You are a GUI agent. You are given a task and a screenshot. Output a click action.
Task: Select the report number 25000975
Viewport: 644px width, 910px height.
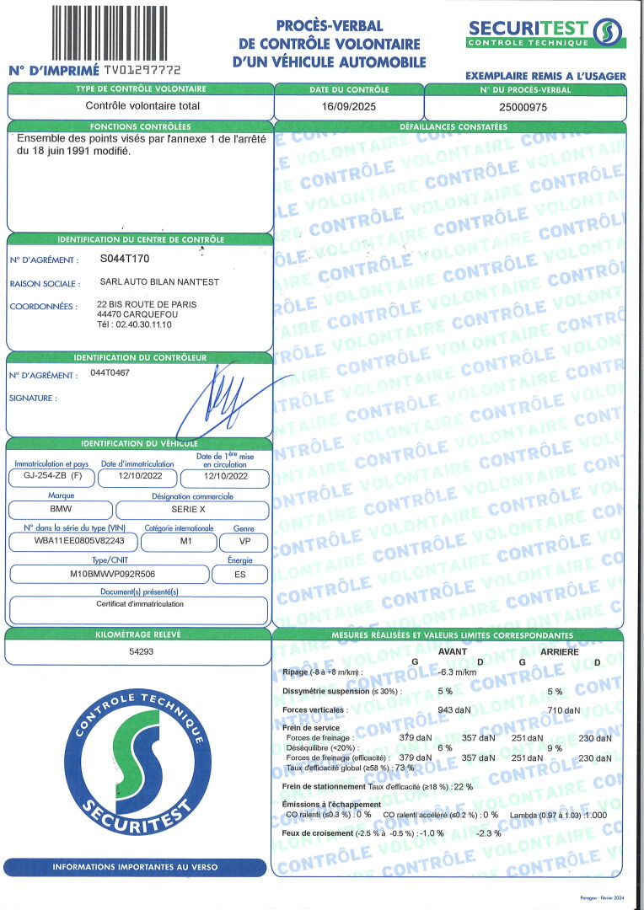click(x=523, y=106)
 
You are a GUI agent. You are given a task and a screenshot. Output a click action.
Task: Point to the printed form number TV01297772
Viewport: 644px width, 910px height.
click(x=141, y=71)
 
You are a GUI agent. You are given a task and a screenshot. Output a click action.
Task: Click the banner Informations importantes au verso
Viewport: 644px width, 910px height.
click(x=135, y=866)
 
